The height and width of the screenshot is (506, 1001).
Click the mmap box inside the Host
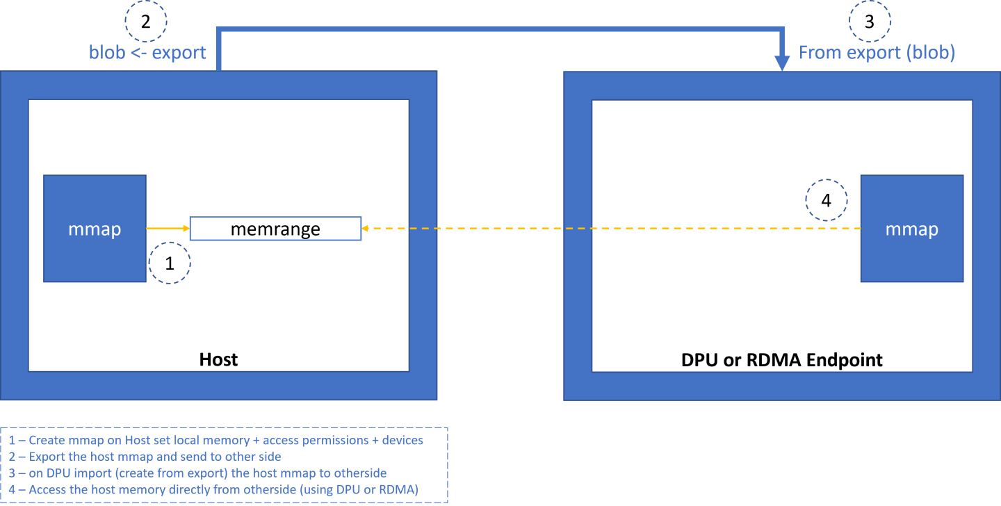point(95,229)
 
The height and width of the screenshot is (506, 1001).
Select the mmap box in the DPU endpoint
point(911,229)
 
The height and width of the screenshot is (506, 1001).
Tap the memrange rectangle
point(275,229)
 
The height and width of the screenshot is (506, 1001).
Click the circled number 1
point(169,263)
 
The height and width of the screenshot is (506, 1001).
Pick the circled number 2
point(145,22)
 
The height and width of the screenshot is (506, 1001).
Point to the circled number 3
point(869,22)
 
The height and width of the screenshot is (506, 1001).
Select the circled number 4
point(826,200)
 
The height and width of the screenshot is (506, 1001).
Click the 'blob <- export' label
point(147,53)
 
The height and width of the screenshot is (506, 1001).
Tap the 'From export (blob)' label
point(876,53)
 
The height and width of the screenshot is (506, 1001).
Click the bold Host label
point(218,359)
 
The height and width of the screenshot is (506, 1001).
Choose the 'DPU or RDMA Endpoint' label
point(782,359)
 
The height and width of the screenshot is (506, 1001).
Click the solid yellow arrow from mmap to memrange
point(168,228)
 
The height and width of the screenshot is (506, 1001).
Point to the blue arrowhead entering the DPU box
point(782,64)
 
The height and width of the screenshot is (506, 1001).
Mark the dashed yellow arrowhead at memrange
point(366,228)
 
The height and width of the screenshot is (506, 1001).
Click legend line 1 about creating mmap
point(216,440)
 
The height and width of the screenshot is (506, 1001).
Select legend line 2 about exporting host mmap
point(145,456)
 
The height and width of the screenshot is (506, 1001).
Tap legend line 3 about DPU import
point(198,473)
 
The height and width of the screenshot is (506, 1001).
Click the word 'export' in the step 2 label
point(179,53)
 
